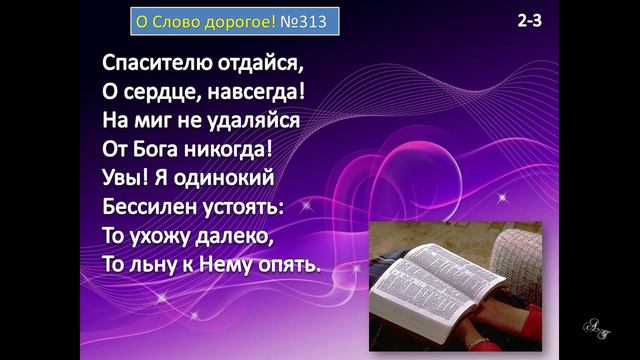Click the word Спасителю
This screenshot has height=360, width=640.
(158, 62)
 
